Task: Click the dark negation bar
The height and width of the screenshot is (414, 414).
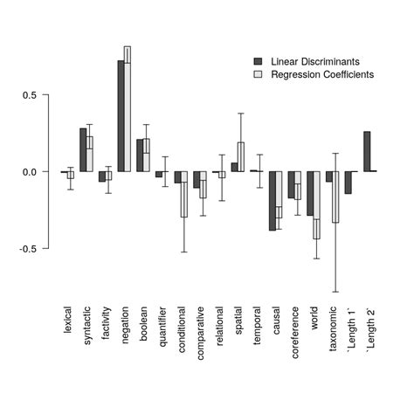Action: [x=121, y=115]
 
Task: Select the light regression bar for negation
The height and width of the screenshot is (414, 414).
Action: [x=128, y=109]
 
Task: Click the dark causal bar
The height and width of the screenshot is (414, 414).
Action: [x=273, y=200]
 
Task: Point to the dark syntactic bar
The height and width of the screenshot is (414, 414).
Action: [x=83, y=149]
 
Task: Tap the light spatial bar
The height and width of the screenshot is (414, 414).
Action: [x=241, y=156]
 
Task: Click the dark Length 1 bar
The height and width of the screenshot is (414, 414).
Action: [x=348, y=182]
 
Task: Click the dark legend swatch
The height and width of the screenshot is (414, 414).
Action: [x=258, y=61]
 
